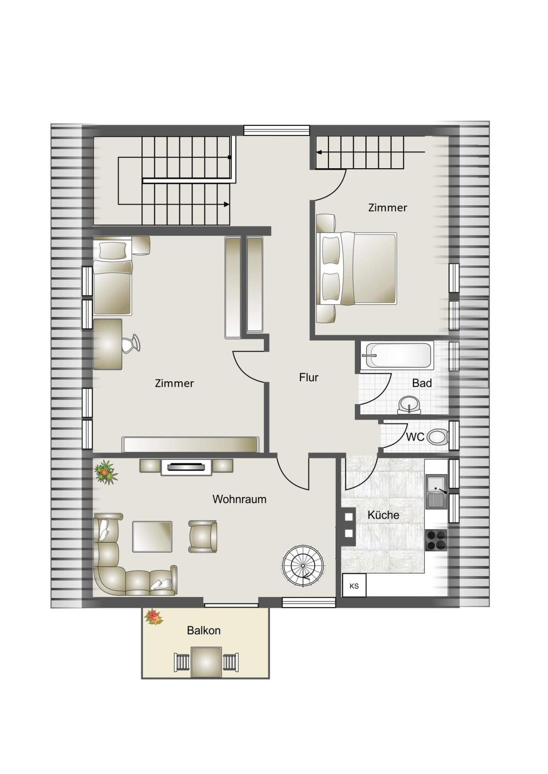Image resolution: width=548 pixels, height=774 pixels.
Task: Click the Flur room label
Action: (x=309, y=378)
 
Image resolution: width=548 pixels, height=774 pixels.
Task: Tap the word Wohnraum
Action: (x=239, y=499)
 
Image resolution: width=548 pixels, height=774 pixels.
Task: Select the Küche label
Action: (x=383, y=515)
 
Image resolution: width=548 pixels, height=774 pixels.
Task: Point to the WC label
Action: (x=415, y=437)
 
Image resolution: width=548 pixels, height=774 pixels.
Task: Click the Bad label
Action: (x=422, y=383)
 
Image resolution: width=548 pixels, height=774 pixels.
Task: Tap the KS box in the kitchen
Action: (x=354, y=587)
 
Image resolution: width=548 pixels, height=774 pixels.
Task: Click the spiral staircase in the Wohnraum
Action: (x=303, y=566)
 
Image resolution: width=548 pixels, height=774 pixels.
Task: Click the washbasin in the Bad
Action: (x=409, y=405)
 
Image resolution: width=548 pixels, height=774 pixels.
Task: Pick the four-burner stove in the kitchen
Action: (x=437, y=540)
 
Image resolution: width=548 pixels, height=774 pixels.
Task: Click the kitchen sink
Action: (x=437, y=492)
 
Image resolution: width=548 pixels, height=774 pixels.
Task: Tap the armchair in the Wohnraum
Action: (x=203, y=537)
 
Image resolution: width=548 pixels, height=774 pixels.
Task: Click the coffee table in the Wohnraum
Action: (x=152, y=537)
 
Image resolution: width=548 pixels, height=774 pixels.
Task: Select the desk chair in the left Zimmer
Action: (x=131, y=343)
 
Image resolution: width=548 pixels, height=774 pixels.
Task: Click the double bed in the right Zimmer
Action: (x=356, y=269)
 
